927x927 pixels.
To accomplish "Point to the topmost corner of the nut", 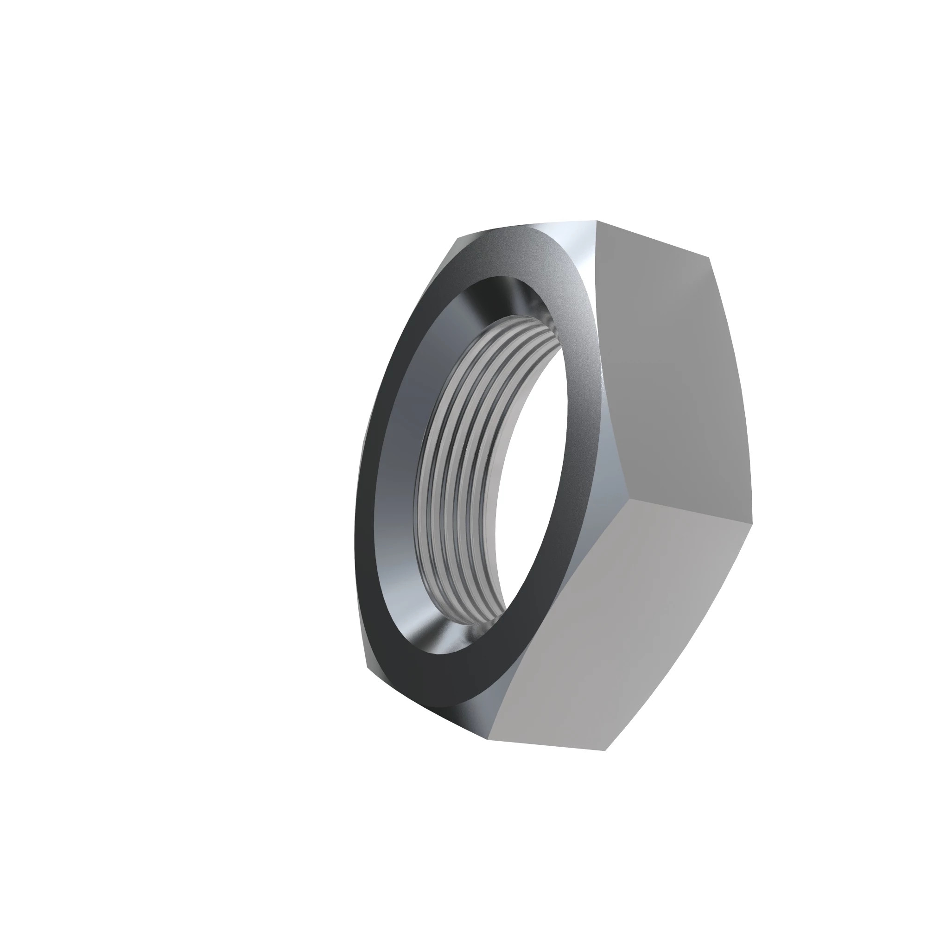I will [x=597, y=221].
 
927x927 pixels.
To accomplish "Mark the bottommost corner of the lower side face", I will [x=605, y=750].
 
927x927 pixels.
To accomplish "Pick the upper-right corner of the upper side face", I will [x=709, y=258].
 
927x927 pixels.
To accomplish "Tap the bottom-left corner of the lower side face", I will [x=489, y=739].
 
